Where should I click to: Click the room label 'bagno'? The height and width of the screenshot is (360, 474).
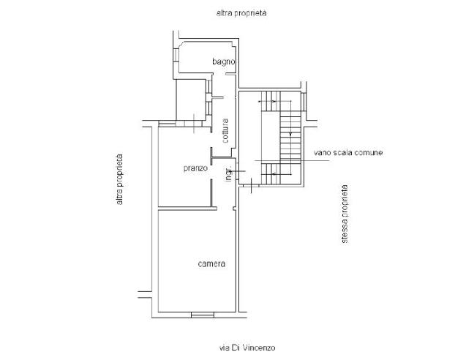[222, 61]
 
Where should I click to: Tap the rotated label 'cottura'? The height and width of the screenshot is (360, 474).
[226, 130]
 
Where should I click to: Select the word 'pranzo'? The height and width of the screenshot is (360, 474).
[195, 168]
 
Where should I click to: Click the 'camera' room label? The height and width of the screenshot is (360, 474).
[211, 263]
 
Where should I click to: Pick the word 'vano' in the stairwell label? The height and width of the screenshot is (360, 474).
[322, 153]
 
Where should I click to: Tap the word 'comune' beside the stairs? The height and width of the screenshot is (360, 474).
[369, 153]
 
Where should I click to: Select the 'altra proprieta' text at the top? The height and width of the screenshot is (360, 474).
[241, 13]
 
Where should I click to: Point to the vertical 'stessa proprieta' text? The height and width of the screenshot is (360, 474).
[344, 213]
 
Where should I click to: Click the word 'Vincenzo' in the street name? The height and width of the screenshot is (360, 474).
[260, 348]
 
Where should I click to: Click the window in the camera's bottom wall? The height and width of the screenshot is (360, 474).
[202, 315]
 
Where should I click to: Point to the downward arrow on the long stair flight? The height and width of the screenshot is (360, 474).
[291, 135]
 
